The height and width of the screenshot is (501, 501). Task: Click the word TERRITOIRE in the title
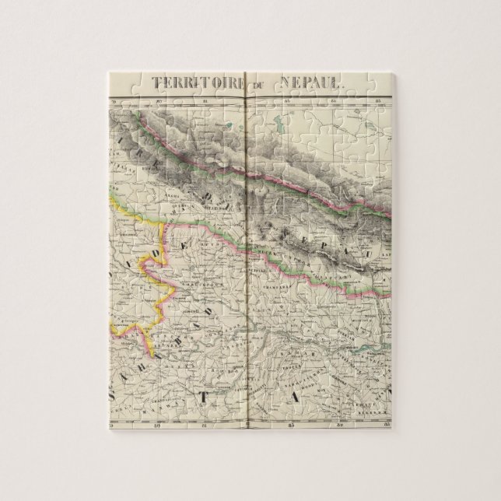click(x=195, y=82)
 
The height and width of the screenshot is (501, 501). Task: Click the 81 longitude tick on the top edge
click(x=203, y=100)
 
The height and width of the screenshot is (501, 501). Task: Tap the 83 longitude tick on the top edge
click(x=288, y=100)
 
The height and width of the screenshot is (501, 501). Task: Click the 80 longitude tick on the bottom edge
click(x=158, y=425)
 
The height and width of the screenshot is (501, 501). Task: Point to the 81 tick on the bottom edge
click(x=202, y=425)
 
